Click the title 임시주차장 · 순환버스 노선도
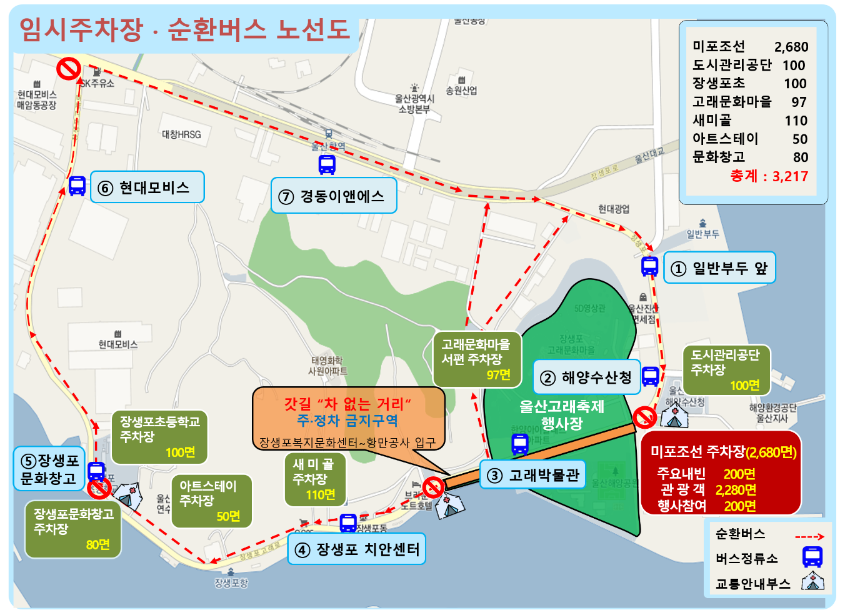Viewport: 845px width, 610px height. pyautogui.click(x=185, y=29)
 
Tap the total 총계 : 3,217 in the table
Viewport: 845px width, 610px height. pyautogui.click(x=769, y=176)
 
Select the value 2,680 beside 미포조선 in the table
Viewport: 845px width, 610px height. pyautogui.click(x=791, y=47)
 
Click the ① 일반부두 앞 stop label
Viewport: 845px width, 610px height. pyautogui.click(x=719, y=268)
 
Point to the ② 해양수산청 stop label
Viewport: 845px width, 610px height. pyautogui.click(x=586, y=377)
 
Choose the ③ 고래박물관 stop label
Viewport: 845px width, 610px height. pyautogui.click(x=533, y=475)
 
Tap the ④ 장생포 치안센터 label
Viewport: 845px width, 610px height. pyautogui.click(x=357, y=549)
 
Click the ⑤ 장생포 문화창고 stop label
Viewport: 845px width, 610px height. pyautogui.click(x=49, y=469)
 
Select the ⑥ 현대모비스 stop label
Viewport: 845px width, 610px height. pyautogui.click(x=147, y=187)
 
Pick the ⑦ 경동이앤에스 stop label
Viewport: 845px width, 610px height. pyautogui.click(x=334, y=196)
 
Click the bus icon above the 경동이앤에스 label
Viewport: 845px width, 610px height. pyautogui.click(x=327, y=164)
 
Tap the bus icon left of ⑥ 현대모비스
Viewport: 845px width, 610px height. pyautogui.click(x=77, y=186)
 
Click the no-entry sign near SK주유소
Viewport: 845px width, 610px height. pyautogui.click(x=68, y=68)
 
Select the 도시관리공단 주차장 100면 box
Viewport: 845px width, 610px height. pyautogui.click(x=726, y=370)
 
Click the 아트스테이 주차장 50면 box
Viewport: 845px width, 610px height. pyautogui.click(x=211, y=501)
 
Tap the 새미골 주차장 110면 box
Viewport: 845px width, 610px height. pyautogui.click(x=314, y=479)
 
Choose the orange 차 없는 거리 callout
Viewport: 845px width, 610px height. pyautogui.click(x=347, y=417)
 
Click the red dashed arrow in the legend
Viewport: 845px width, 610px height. pyautogui.click(x=809, y=536)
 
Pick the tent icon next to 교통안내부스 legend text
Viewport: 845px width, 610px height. pyautogui.click(x=812, y=581)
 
